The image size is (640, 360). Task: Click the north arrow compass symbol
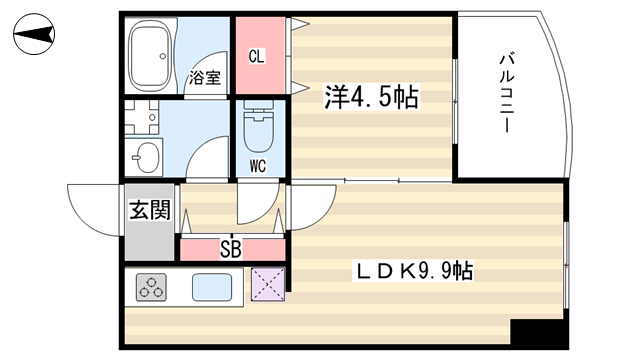point(34,34)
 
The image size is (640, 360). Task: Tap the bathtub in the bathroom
point(149,56)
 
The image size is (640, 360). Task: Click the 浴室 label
point(204,77)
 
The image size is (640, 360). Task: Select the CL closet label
point(257,56)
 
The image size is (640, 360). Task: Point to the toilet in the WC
point(258,126)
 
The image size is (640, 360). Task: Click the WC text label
point(258,166)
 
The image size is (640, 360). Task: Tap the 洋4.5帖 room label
point(371,97)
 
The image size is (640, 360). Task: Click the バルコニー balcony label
point(507,93)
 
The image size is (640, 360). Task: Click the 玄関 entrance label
point(149,210)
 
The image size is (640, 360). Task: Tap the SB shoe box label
point(231,249)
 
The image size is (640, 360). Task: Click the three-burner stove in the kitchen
point(151,287)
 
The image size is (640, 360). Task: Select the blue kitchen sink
point(212,287)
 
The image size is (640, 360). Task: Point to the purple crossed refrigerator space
point(268,284)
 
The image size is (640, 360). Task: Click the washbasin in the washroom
point(144,157)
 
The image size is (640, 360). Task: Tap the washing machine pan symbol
point(141,118)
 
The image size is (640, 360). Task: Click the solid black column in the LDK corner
point(539,333)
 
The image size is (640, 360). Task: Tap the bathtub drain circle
point(163,56)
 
